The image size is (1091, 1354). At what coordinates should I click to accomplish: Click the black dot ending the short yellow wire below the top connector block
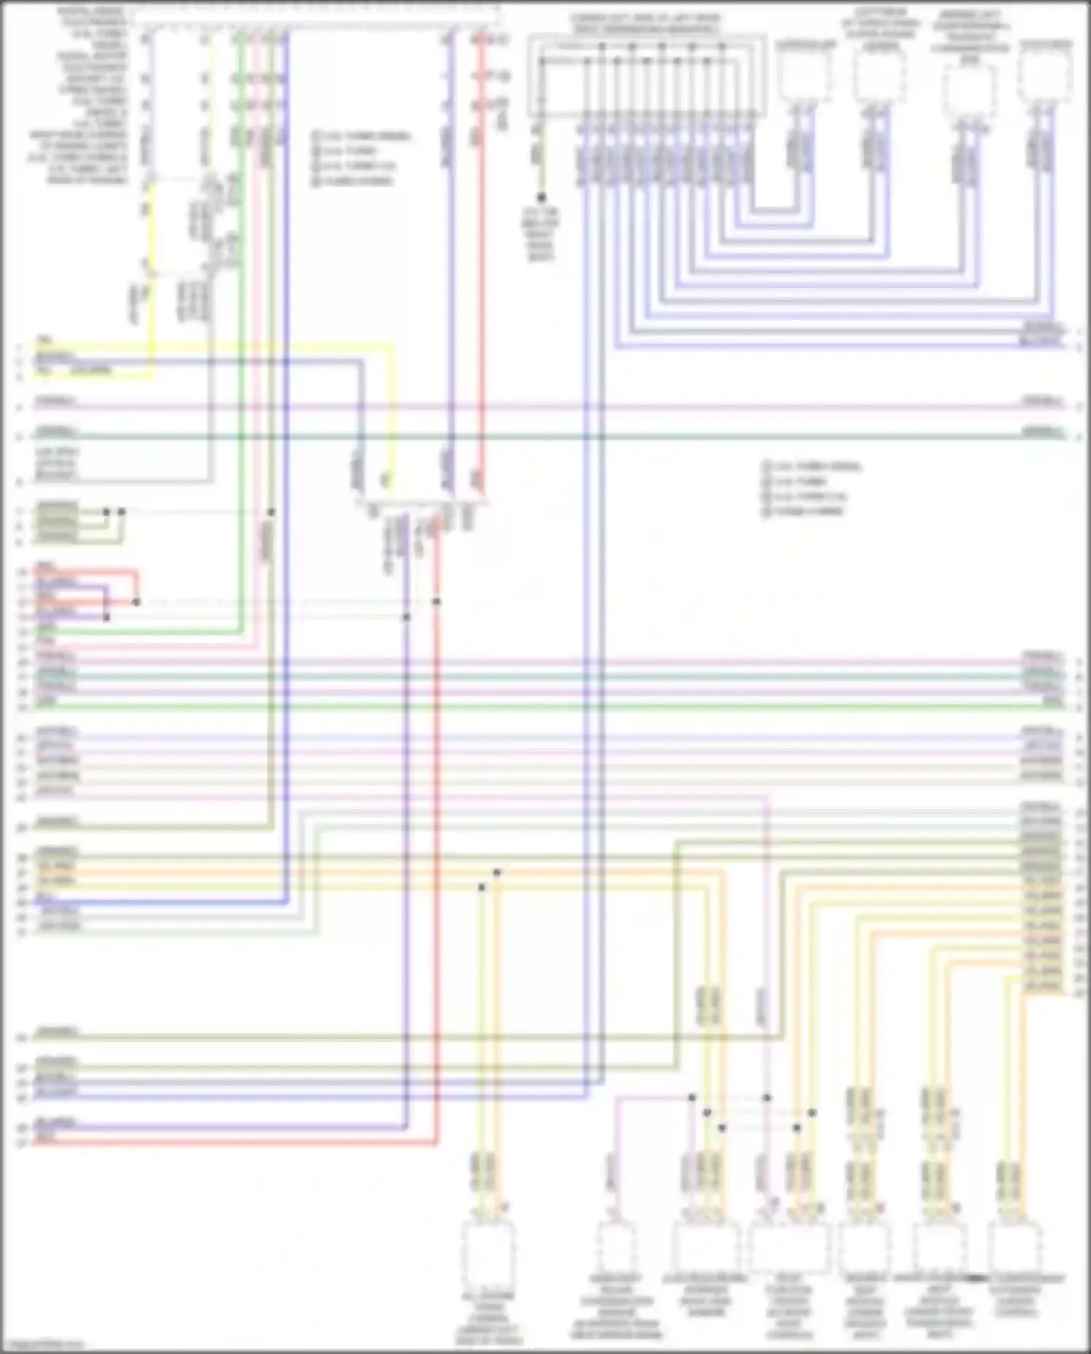[541, 197]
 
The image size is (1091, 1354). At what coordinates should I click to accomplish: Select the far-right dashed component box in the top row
[1045, 77]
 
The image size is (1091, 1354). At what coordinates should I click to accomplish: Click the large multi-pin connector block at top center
[647, 76]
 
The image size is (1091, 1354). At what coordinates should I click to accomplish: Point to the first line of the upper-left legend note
[361, 137]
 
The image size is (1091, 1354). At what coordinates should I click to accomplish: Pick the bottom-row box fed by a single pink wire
[616, 1249]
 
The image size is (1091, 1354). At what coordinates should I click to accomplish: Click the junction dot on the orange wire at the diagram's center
[497, 872]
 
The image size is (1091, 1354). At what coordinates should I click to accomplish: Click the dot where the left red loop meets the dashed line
[136, 602]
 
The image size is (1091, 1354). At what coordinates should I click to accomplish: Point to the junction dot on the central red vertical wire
[436, 602]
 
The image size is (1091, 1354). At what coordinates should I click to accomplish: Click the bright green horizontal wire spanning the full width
[545, 706]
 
